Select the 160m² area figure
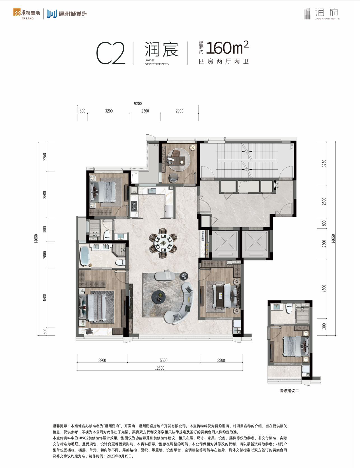click(227, 48)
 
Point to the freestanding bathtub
click(84, 255)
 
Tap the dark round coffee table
click(159, 296)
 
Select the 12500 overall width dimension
click(159, 368)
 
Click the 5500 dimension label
click(163, 360)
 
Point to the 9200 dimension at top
click(138, 104)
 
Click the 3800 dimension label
click(102, 360)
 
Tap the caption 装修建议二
click(289, 391)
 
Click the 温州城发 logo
click(67, 14)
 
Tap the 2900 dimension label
click(179, 111)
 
